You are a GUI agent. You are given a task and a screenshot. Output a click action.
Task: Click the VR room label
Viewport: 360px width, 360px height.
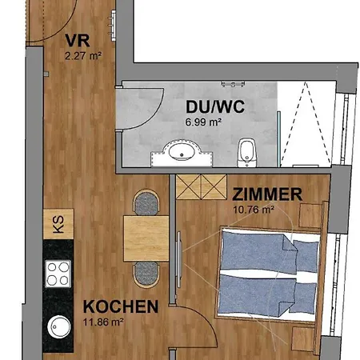(77, 41)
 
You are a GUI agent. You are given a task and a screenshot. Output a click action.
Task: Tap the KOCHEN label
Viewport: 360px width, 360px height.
(120, 306)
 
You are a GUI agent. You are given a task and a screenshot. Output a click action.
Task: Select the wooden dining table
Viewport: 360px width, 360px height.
(146, 238)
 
